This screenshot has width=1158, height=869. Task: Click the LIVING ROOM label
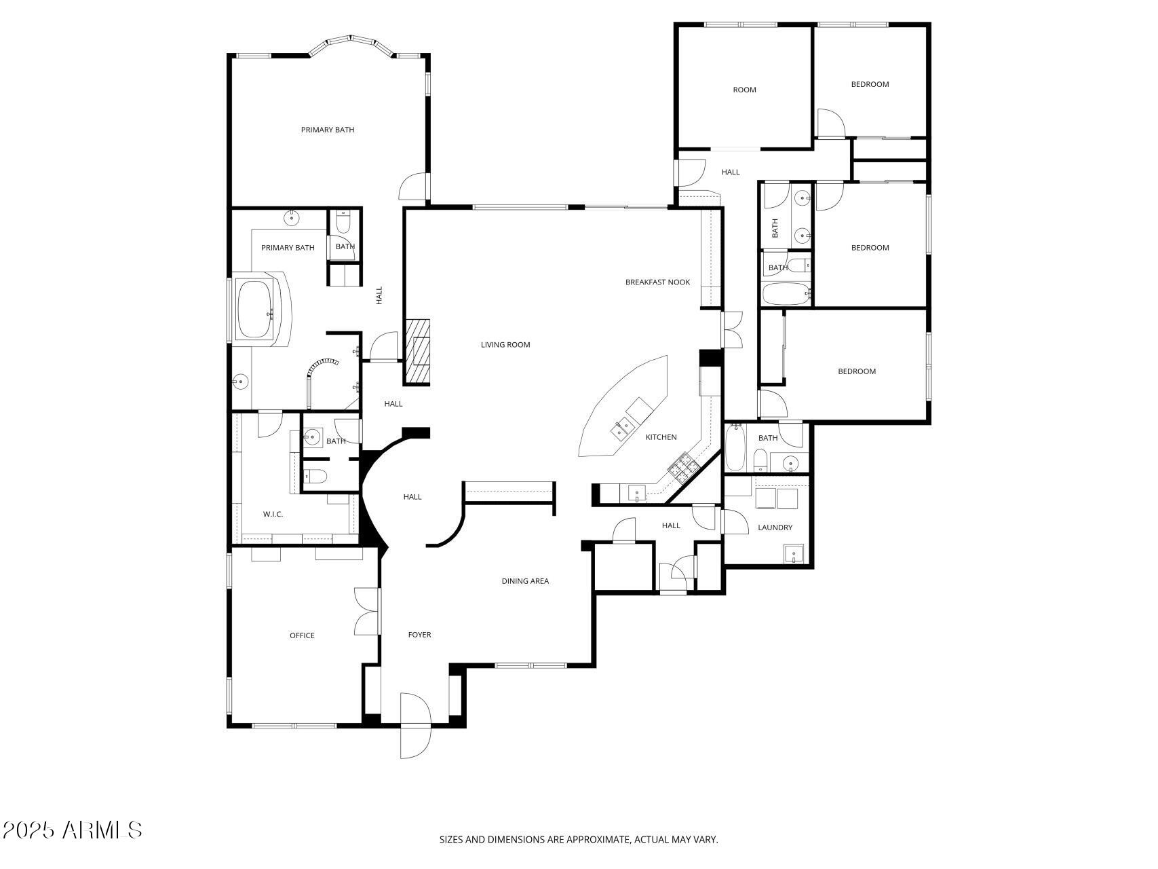pos(505,345)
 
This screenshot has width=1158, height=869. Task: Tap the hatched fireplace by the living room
pos(418,352)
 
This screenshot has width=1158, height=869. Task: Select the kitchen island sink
pos(623,428)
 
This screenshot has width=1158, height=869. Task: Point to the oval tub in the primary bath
pos(254,310)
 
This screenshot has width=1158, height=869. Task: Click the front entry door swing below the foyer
pos(415,725)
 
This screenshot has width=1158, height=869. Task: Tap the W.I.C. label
pos(273,515)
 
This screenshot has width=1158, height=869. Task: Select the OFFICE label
pos(302,636)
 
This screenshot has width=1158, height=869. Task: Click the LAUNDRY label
pos(775,528)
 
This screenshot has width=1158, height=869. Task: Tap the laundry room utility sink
pos(795,555)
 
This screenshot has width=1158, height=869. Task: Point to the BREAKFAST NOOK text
pos(657,282)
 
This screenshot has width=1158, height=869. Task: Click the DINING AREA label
pos(525,581)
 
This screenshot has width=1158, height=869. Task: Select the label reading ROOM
pos(744,90)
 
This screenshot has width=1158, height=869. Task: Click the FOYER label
pos(419,635)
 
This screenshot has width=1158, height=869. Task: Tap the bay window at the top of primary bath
pos(351,45)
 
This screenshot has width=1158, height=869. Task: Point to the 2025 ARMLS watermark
pos(72,830)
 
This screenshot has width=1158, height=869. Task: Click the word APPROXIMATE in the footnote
pos(598,840)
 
